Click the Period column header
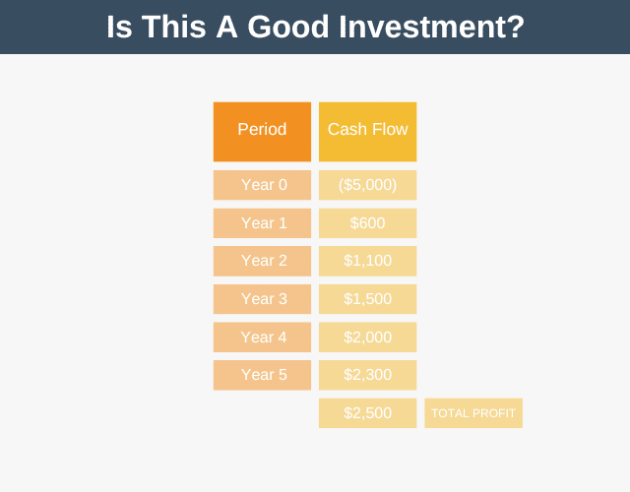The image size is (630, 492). pos(262,132)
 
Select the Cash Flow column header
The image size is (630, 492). pos(367,132)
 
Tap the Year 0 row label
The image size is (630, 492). pos(262,185)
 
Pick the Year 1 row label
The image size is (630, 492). pos(262,223)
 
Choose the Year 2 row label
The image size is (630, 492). pos(262,261)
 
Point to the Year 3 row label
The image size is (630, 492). pos(262,299)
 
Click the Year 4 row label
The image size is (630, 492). pos(262,337)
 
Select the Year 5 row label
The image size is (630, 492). pos(262,375)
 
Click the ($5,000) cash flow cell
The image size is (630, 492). pos(367,185)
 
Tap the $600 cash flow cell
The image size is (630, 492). pos(367,223)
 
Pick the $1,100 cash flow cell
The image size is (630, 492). pos(367,261)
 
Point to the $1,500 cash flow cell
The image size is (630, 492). pos(367,299)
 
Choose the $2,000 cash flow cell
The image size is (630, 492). pos(367,337)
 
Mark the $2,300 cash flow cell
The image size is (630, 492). pos(367,375)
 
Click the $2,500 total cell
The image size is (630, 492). pos(367,413)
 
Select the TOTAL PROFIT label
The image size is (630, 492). pos(473,413)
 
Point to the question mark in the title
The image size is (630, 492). pos(514,27)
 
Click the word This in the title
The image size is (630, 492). pos(174,27)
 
